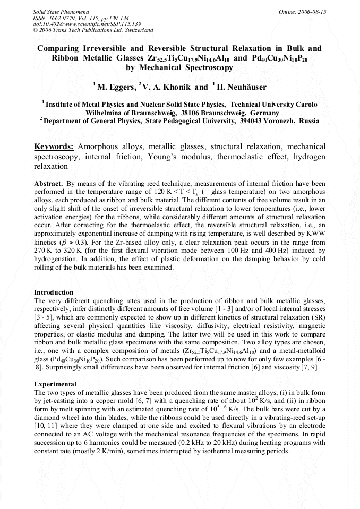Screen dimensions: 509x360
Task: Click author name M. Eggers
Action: point(116,87)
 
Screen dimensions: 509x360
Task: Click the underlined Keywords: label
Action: point(54,146)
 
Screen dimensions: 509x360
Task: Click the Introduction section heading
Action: point(54,292)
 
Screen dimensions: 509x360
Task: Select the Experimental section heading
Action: point(55,384)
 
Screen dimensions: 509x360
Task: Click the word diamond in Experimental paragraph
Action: point(47,417)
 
